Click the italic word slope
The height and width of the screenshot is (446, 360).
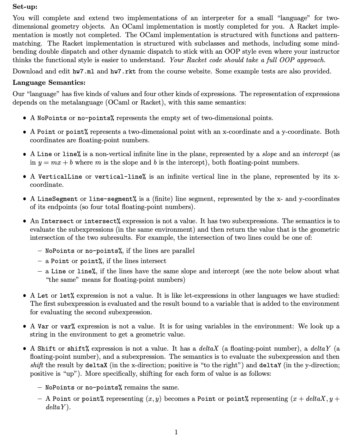point(269,154)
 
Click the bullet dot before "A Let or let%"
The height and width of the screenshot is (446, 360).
point(24,296)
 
